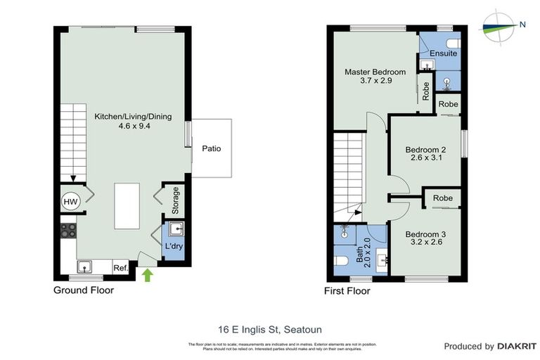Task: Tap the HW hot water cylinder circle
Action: [71, 202]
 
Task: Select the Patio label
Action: [212, 148]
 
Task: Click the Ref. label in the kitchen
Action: [120, 267]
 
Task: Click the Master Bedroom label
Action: [374, 72]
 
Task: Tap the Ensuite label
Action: [444, 53]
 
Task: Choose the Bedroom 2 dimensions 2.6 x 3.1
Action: [426, 159]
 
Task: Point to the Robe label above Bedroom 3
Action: [443, 198]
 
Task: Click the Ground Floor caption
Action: [84, 290]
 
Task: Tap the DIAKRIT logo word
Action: [517, 346]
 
